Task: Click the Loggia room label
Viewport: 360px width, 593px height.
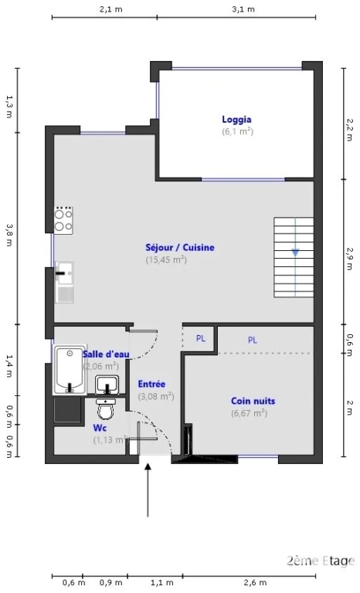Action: pos(236,120)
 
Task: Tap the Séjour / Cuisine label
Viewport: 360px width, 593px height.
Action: pos(180,248)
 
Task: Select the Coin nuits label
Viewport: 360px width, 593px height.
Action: pos(253,401)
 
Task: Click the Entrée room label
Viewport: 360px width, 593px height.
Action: pos(151,385)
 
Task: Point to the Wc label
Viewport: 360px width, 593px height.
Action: pos(100,428)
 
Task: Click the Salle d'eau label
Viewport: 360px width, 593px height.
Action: pos(106,354)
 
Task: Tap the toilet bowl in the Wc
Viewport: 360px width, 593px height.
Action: pos(106,408)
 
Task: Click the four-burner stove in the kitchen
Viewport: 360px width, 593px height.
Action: pos(63,220)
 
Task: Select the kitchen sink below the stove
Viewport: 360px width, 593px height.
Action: pos(64,282)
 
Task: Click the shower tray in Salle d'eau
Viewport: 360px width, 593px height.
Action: pos(70,370)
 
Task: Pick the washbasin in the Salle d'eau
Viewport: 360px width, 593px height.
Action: pos(107,385)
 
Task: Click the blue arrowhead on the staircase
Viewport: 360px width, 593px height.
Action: pos(295,252)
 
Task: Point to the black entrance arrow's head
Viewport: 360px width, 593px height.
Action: pos(148,467)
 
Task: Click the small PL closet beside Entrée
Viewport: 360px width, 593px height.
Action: pos(200,338)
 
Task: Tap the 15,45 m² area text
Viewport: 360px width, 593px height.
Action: pos(166,259)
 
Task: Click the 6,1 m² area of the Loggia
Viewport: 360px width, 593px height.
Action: pos(237,131)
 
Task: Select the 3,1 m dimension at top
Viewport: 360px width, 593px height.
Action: pos(243,9)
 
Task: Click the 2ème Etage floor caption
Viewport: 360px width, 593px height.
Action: pos(321,561)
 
